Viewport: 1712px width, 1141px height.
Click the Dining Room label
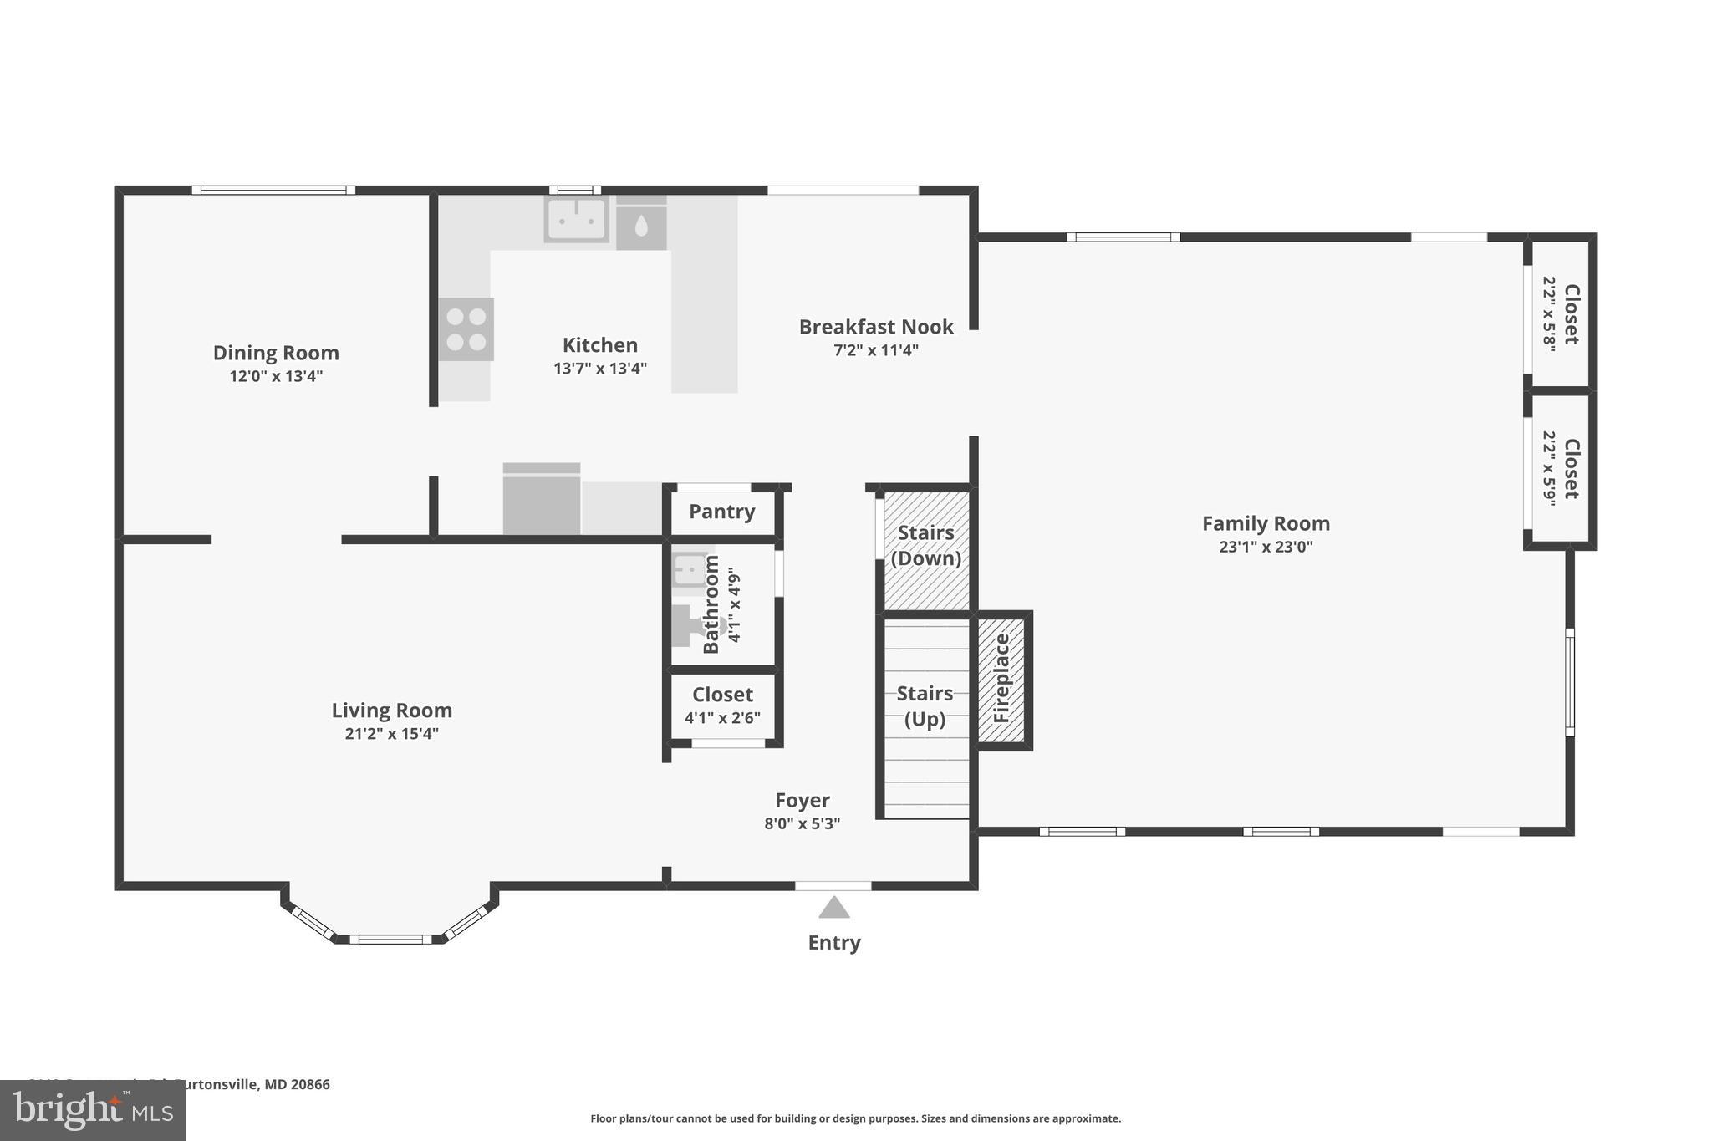pyautogui.click(x=275, y=353)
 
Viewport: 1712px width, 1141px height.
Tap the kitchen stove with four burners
pyautogui.click(x=466, y=329)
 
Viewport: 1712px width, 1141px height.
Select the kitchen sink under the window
pyautogui.click(x=576, y=219)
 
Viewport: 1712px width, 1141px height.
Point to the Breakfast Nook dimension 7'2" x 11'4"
pyautogui.click(x=875, y=350)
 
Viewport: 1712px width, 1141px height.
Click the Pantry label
pyautogui.click(x=721, y=512)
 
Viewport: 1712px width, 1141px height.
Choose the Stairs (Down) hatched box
pyautogui.click(x=926, y=550)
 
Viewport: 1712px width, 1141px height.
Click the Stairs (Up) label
pyautogui.click(x=925, y=706)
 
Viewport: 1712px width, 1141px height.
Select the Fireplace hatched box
pyautogui.click(x=1001, y=680)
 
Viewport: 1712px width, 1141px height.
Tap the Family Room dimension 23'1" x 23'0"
pyautogui.click(x=1266, y=548)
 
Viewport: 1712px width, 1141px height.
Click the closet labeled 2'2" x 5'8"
pyautogui.click(x=1560, y=314)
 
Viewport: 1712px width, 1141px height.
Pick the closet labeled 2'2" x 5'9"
pyautogui.click(x=1560, y=469)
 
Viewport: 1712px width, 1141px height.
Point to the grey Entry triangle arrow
pyautogui.click(x=833, y=909)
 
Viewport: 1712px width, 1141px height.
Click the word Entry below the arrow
pyautogui.click(x=833, y=943)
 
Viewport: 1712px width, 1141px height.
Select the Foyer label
pyautogui.click(x=802, y=801)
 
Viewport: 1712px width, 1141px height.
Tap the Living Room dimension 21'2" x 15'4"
pyautogui.click(x=391, y=734)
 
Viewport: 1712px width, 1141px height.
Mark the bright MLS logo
pyautogui.click(x=92, y=1110)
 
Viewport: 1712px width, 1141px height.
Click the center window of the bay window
pyautogui.click(x=390, y=939)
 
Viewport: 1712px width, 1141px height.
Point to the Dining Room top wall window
pyautogui.click(x=273, y=191)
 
